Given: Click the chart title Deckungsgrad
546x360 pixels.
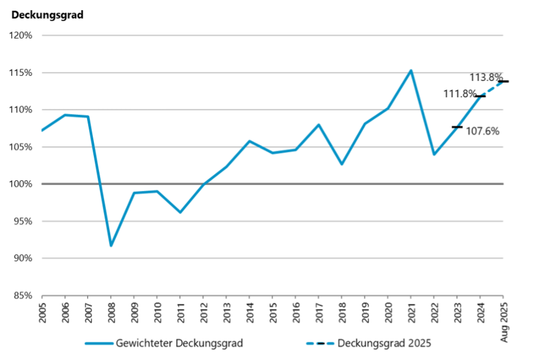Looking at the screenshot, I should point(48,15).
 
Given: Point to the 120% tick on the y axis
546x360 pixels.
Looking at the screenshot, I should point(21,35).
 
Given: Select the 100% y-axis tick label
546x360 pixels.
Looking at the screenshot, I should point(21,184).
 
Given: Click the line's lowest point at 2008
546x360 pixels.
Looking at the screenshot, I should point(111,246).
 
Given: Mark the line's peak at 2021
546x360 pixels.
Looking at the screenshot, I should point(411,71).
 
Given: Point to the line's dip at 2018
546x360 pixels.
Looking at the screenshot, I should point(342,164).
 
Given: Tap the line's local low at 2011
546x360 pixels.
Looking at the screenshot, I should point(180,212).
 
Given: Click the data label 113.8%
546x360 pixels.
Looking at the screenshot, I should point(486,77).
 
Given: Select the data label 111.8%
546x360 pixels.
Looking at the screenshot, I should point(460,94).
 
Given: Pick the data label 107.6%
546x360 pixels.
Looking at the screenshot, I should point(482,131).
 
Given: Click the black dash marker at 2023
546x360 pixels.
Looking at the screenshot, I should point(457,127).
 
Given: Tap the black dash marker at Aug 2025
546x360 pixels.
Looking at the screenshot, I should point(503,81).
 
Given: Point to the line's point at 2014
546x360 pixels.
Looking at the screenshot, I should point(249,141).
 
